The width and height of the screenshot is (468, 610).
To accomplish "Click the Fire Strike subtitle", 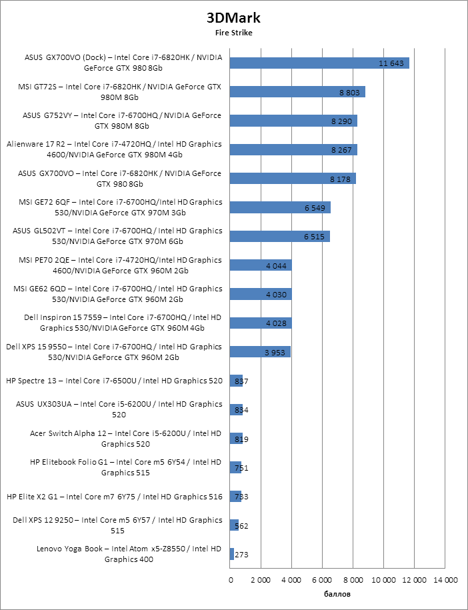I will pos(233,32).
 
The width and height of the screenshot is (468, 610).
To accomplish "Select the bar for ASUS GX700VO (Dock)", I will pos(319,63).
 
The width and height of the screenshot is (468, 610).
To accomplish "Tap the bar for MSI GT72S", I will pos(297,92).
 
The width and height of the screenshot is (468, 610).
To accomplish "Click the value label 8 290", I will pos(342,121).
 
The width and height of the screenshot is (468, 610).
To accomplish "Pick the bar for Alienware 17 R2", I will pos(293,150).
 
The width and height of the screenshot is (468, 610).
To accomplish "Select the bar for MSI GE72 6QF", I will pos(279,208).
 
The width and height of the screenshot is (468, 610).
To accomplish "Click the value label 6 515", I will pos(313,237).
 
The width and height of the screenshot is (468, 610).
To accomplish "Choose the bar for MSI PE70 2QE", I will pos(260,265).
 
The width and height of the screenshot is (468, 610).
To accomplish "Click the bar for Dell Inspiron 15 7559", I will pos(260,323).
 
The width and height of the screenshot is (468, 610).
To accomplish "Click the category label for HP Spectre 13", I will pos(114,381).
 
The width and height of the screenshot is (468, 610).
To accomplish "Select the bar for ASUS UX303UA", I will pos(235,410).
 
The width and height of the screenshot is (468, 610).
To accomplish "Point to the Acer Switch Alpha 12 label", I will pos(125,438).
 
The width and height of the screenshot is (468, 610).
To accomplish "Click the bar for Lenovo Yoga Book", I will pos(231,554).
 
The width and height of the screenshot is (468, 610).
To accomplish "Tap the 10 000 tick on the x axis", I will pos(385,580).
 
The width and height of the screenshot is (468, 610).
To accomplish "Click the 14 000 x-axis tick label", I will pos(446,580).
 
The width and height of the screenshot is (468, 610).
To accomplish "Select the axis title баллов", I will pos(337,594).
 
